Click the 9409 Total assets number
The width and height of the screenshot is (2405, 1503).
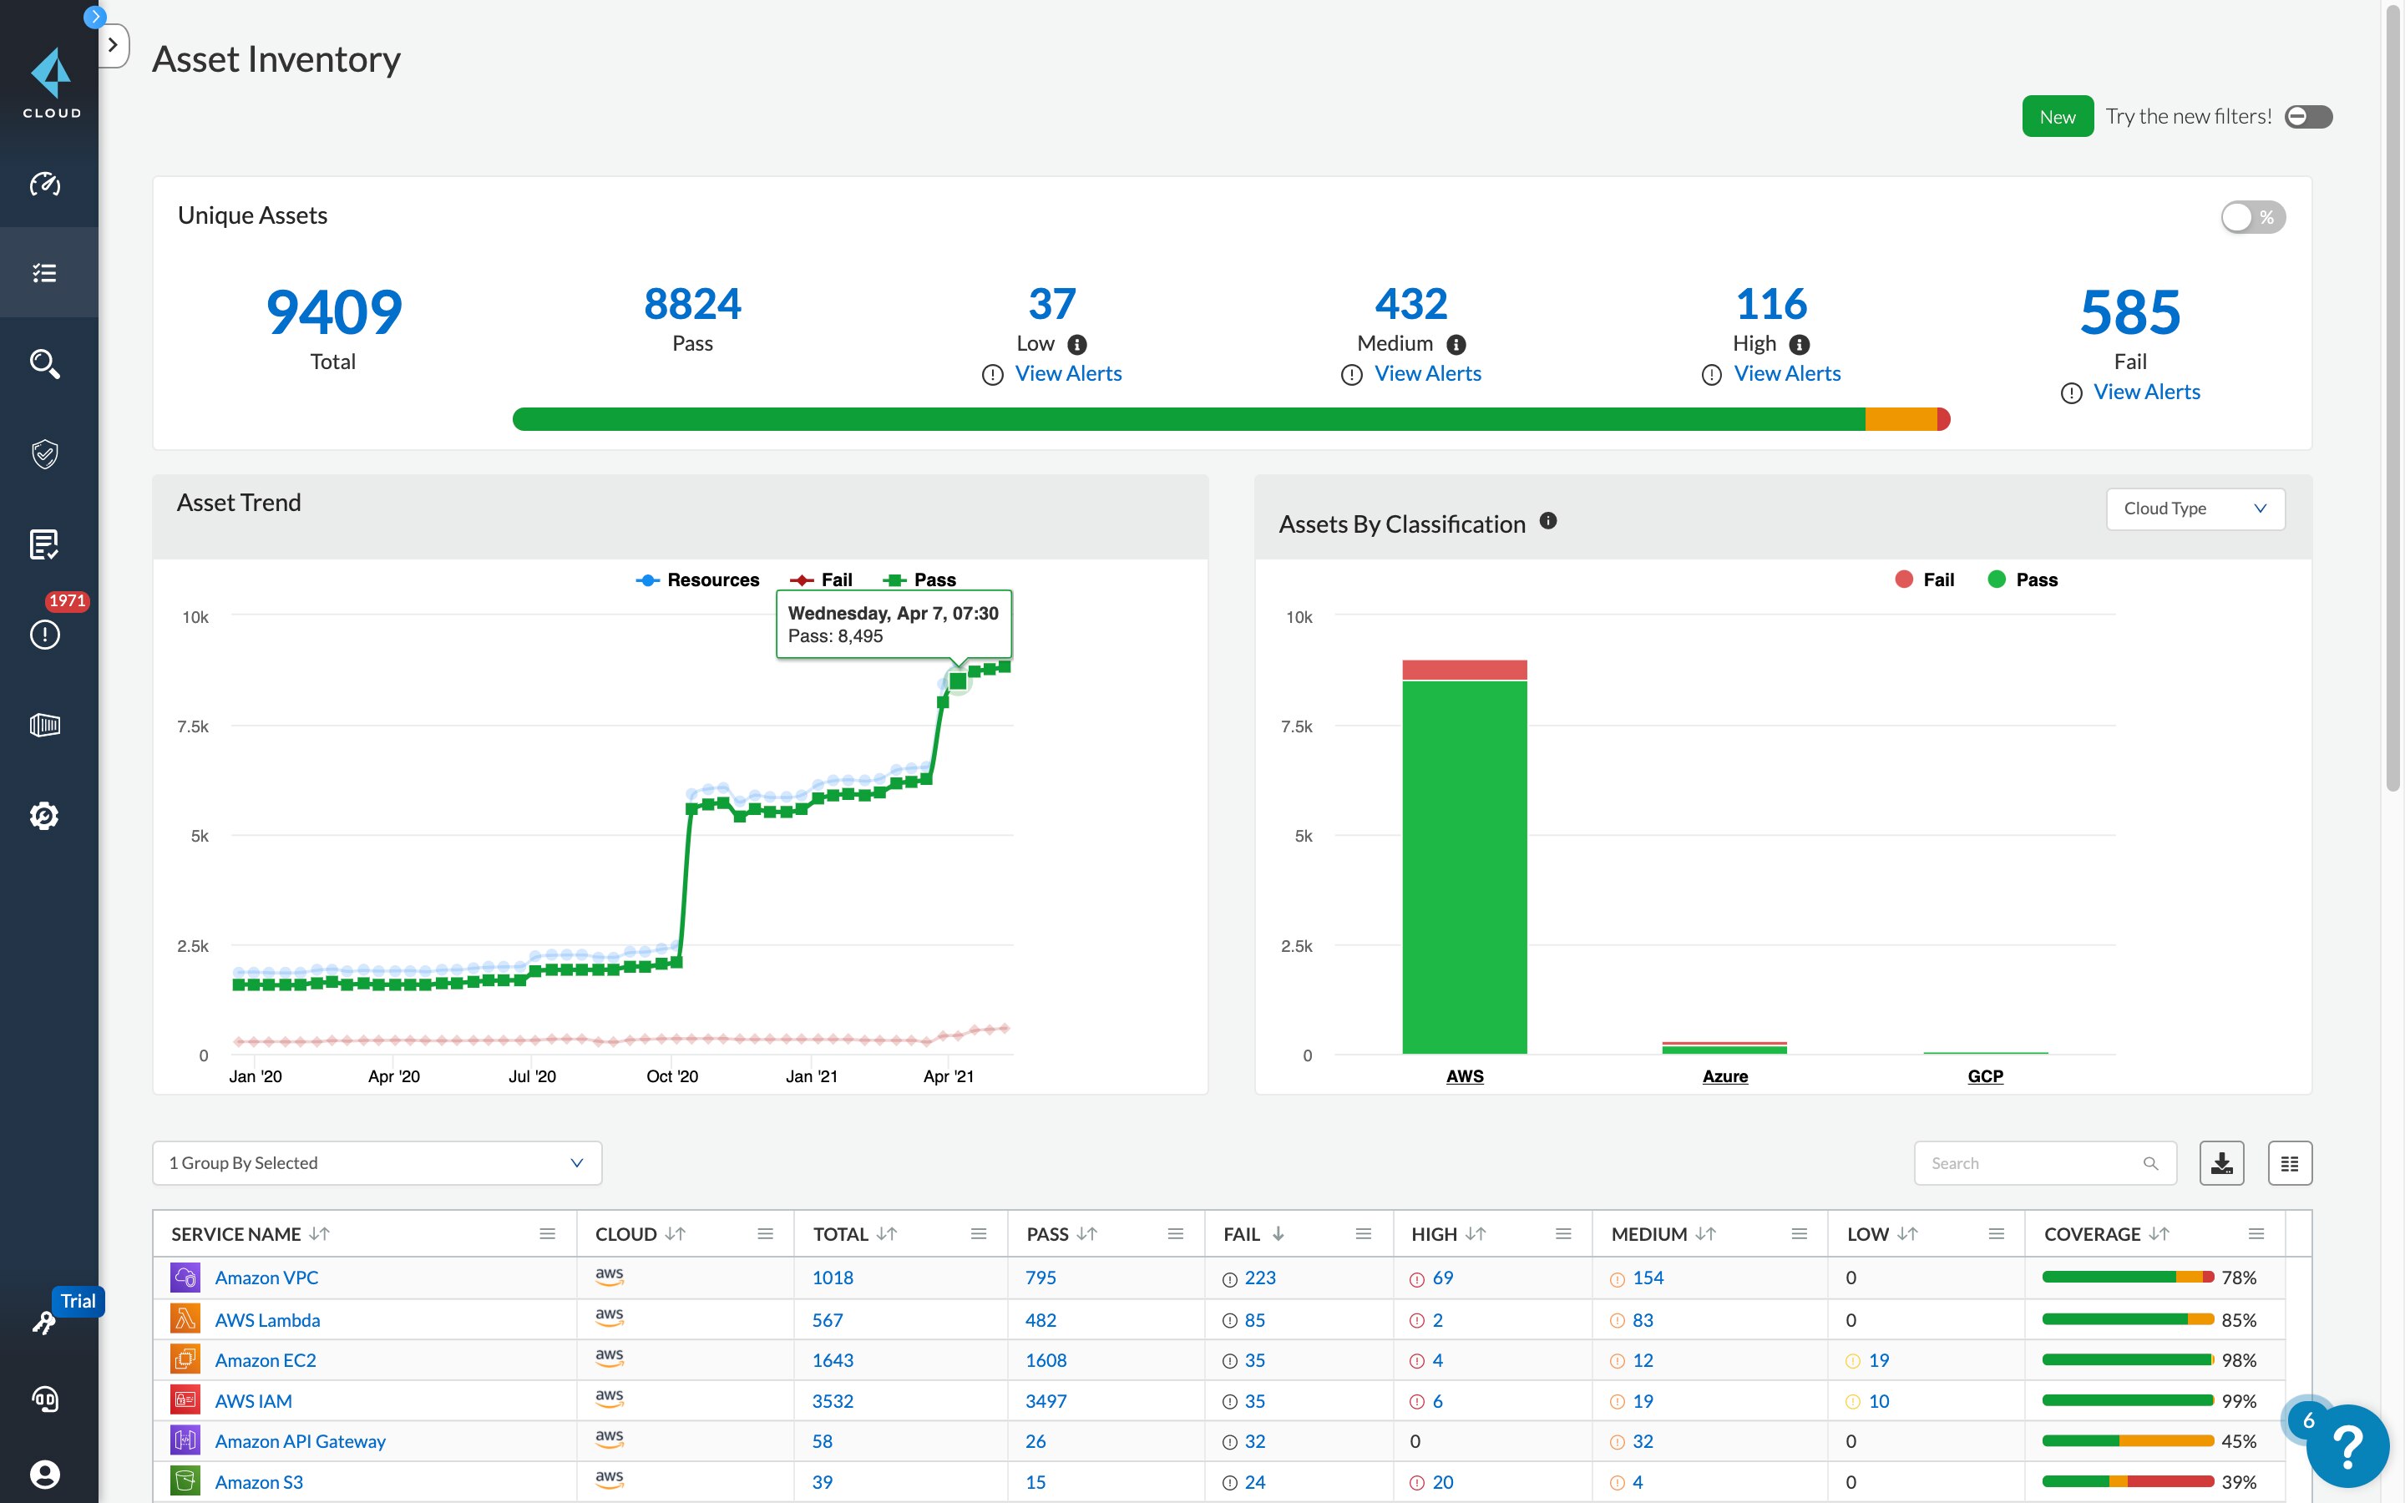point(334,312)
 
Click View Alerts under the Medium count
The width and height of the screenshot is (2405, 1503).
point(1426,374)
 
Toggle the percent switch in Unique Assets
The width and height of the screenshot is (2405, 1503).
point(2252,217)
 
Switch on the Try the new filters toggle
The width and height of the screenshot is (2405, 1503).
point(2307,117)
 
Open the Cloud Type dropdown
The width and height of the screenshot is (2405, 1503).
point(2195,509)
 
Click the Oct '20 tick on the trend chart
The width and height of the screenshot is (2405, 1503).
point(671,1076)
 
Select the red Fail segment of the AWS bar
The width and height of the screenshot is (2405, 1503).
point(1464,670)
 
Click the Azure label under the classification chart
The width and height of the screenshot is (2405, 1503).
point(1724,1076)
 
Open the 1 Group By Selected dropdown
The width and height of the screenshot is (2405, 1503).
point(377,1163)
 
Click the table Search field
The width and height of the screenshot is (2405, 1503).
point(2033,1163)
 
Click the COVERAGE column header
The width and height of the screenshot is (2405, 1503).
point(2092,1233)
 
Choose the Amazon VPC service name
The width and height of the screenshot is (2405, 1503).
point(266,1278)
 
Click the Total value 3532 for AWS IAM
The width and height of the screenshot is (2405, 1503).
point(833,1400)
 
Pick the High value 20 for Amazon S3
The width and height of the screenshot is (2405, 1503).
point(1442,1482)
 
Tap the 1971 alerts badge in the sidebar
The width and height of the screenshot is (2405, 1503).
point(67,600)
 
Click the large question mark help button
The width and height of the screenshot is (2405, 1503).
point(2347,1446)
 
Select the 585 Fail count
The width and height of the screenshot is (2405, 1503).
point(2129,312)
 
